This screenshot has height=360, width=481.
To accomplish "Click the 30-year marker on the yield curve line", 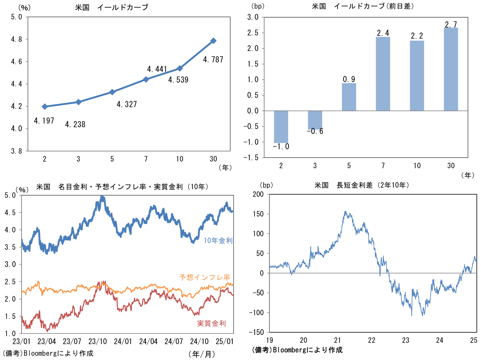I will click(x=214, y=41).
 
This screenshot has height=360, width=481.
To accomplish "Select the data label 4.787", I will click(x=213, y=60).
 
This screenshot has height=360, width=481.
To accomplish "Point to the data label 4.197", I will click(x=44, y=120).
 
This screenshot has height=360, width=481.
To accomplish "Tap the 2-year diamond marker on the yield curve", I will click(x=45, y=106).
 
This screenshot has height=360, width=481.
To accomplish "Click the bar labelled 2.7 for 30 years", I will click(x=451, y=69).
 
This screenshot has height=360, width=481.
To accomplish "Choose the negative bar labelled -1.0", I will click(x=281, y=126).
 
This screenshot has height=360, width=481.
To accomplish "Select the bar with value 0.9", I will click(x=349, y=97).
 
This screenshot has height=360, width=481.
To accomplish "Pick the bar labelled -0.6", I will click(x=315, y=120).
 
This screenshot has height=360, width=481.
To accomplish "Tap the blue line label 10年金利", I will click(x=218, y=240).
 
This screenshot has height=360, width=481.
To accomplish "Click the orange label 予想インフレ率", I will click(x=205, y=277).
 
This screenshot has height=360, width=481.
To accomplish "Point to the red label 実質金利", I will click(x=211, y=323).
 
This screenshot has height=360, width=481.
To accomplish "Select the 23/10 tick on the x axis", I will click(x=97, y=342).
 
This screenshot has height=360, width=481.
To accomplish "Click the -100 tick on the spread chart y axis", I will click(x=255, y=313).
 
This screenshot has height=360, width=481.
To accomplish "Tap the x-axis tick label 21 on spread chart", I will click(x=338, y=340).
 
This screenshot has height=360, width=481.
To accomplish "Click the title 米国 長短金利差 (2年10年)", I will click(x=361, y=185).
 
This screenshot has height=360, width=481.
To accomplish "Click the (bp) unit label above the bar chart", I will click(x=257, y=6).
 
